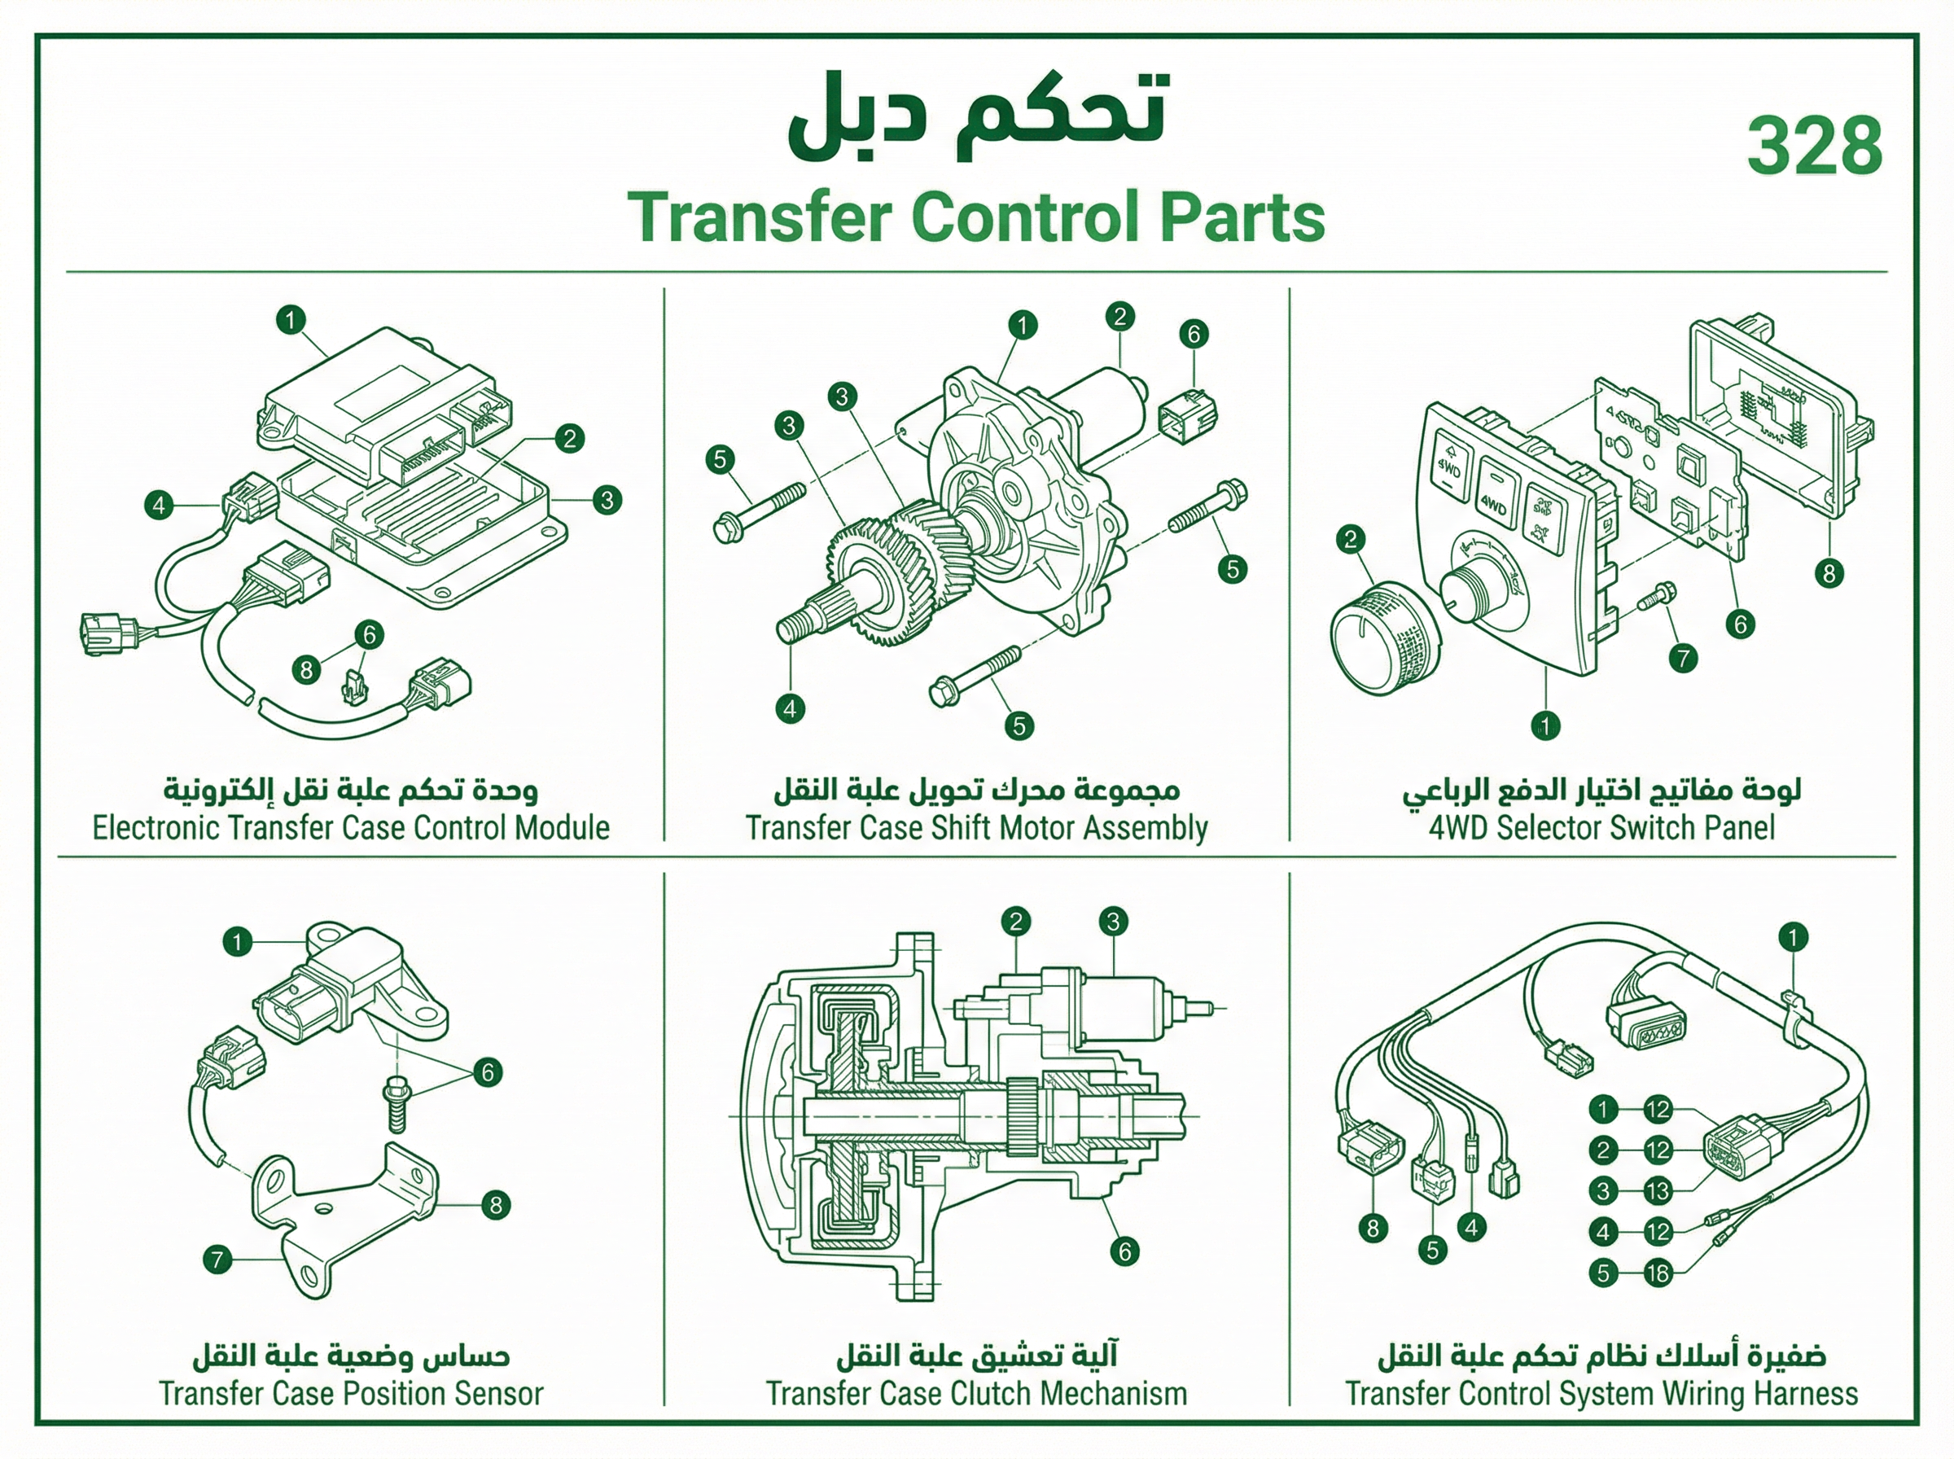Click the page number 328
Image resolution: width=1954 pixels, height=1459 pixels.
pyautogui.click(x=1815, y=146)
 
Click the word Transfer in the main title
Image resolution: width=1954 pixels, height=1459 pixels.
pyautogui.click(x=760, y=217)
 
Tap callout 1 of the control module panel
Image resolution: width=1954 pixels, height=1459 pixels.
pyautogui.click(x=291, y=320)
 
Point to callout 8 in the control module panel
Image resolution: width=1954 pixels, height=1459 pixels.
pyautogui.click(x=306, y=670)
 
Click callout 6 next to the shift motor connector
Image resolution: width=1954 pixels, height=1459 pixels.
pyautogui.click(x=1194, y=334)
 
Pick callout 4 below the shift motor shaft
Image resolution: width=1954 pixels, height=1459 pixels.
pyautogui.click(x=791, y=708)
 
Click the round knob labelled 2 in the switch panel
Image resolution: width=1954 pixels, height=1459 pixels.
pyautogui.click(x=1383, y=637)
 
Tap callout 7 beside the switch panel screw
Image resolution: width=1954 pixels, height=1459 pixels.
pyautogui.click(x=1683, y=658)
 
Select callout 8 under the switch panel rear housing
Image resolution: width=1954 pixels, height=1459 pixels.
pyautogui.click(x=1829, y=574)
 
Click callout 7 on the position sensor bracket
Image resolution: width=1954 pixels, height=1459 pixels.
pyautogui.click(x=217, y=1260)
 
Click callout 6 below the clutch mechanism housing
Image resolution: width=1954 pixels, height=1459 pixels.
pyautogui.click(x=1124, y=1251)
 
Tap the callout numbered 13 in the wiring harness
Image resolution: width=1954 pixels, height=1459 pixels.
pyautogui.click(x=1658, y=1191)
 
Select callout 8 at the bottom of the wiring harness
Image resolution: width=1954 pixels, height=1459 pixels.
pyautogui.click(x=1372, y=1229)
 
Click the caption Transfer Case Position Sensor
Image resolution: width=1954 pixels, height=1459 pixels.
pyautogui.click(x=352, y=1395)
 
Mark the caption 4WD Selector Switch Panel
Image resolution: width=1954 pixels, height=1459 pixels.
pyautogui.click(x=1601, y=828)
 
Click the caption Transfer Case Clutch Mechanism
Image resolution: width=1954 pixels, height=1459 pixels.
pyautogui.click(x=976, y=1395)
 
